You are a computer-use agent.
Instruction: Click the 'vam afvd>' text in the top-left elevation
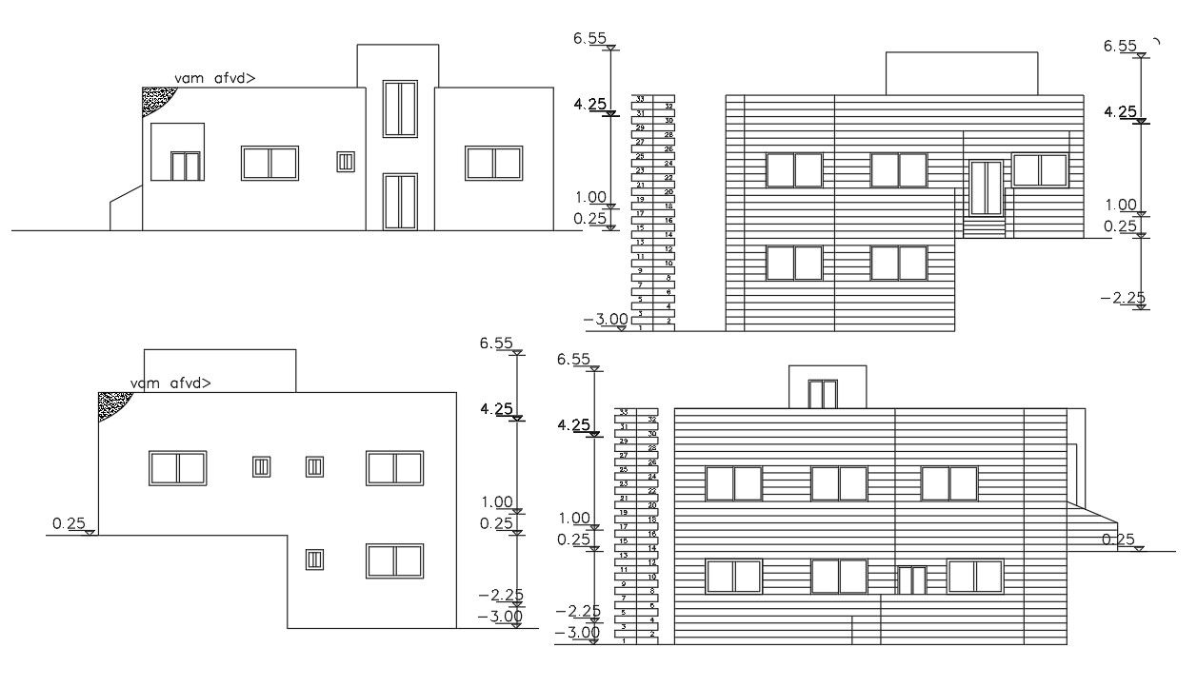[x=214, y=79]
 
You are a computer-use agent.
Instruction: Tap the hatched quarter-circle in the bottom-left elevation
[x=111, y=403]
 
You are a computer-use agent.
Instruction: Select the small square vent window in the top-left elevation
[x=346, y=162]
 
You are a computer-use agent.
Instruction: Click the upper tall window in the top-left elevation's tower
[x=400, y=108]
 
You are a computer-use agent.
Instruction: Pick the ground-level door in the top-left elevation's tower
[x=400, y=201]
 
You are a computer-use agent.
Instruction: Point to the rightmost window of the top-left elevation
[x=493, y=163]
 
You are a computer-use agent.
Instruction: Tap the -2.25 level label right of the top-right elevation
[x=1123, y=298]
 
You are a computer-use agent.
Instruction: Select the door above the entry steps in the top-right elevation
[x=986, y=188]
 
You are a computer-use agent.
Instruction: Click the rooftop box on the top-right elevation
[x=961, y=73]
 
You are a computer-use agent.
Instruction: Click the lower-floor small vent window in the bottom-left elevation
[x=314, y=559]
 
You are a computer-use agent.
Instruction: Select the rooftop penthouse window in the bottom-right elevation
[x=822, y=393]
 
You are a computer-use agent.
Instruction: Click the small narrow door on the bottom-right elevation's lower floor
[x=912, y=579]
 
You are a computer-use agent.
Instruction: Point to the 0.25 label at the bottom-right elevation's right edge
[x=1118, y=540]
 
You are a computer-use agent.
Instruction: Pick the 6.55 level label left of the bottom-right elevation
[x=574, y=359]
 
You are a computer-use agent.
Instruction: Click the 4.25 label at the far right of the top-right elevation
[x=1120, y=112]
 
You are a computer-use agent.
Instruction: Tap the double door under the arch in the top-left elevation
[x=186, y=167]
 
